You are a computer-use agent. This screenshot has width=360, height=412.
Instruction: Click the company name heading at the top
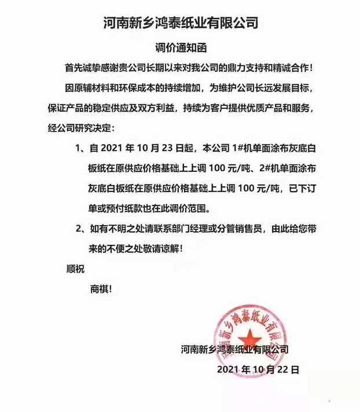click(180, 23)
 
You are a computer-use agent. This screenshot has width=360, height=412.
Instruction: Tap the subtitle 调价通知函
click(179, 47)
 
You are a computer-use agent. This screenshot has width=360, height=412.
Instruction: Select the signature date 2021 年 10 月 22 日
click(258, 369)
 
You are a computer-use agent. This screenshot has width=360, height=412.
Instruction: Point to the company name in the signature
click(234, 350)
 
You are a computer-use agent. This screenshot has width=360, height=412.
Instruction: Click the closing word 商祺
click(101, 288)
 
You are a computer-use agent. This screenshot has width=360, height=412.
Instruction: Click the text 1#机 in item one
click(250, 148)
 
